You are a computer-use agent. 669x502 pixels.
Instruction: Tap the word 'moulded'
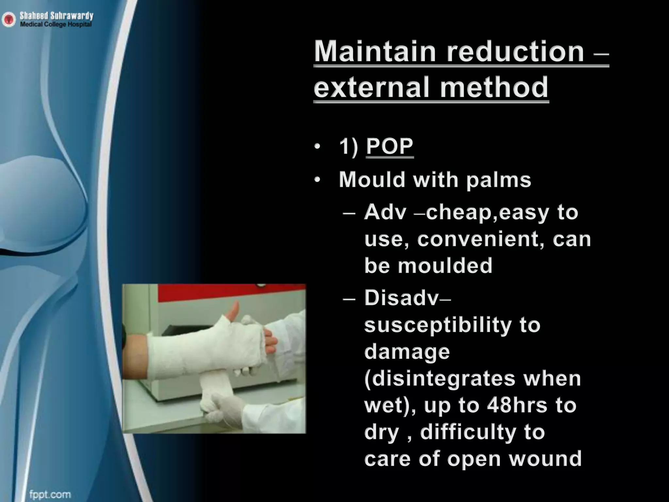[445, 265]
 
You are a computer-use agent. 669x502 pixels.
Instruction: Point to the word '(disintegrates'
[440, 379]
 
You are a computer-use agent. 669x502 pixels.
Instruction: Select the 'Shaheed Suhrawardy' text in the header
[57, 15]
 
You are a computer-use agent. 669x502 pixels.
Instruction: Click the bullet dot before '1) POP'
[317, 147]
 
